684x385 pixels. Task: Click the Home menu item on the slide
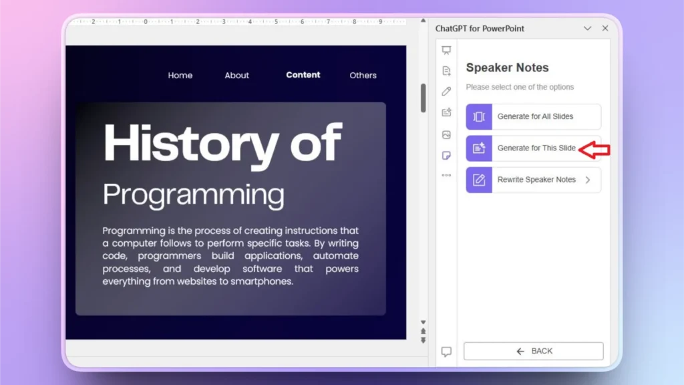180,76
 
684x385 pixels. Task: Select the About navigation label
236,76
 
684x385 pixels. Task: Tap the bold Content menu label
303,75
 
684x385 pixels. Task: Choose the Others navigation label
363,76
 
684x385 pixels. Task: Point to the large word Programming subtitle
194,195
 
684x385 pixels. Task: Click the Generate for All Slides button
534,116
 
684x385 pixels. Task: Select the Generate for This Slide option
534,148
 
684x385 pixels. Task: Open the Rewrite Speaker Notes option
534,180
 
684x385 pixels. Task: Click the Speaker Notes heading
507,68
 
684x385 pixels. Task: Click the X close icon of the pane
605,29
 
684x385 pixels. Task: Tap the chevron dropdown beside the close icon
588,29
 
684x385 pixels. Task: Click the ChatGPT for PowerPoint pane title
480,29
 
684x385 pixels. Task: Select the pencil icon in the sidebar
447,92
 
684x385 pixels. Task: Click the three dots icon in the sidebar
447,175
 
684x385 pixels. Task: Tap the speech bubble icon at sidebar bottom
447,352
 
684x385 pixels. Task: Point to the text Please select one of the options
520,87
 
